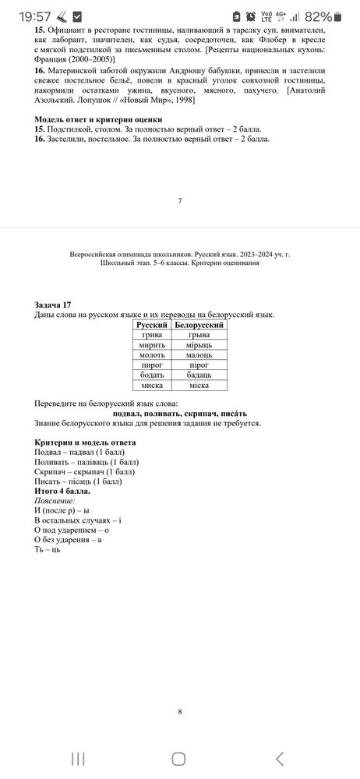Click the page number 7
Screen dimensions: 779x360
(x=179, y=201)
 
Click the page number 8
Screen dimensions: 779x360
(x=179, y=711)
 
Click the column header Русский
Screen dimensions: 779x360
(x=152, y=324)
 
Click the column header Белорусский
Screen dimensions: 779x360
(x=199, y=324)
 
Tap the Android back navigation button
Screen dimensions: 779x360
(x=280, y=758)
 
